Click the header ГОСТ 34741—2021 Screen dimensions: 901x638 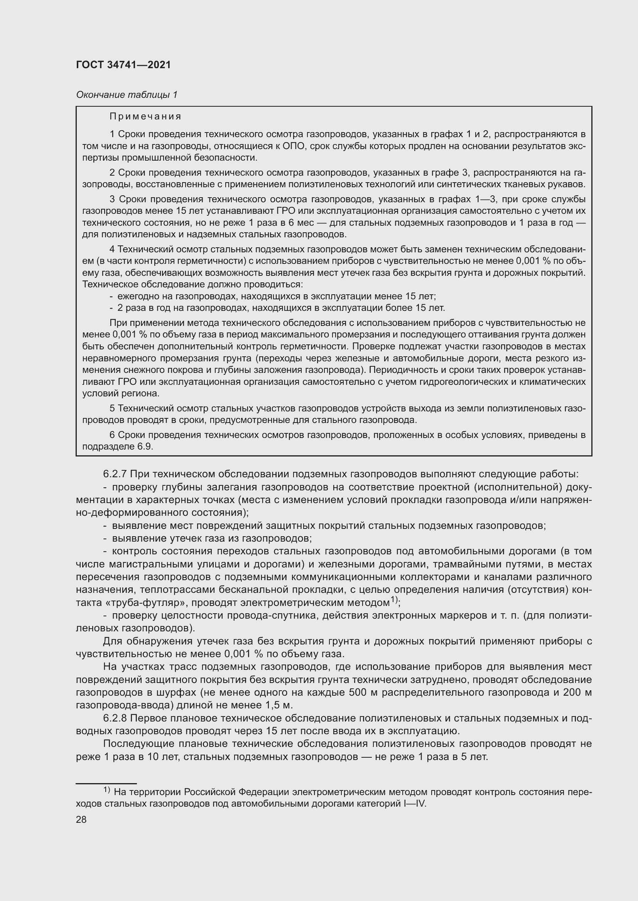point(123,65)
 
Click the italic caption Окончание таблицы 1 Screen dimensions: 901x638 point(127,95)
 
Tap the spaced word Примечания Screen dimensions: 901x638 point(145,117)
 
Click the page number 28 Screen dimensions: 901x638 point(81,819)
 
